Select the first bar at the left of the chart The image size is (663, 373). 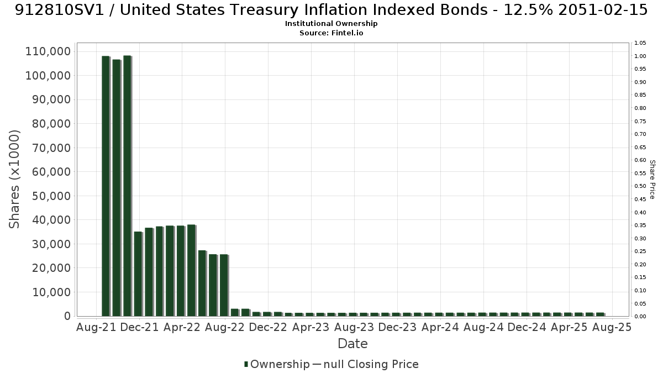pyautogui.click(x=106, y=186)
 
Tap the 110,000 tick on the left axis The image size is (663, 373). pyautogui.click(x=48, y=51)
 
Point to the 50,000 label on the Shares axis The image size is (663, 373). pyautogui.click(x=51, y=196)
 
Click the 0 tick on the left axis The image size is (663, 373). pyautogui.click(x=68, y=316)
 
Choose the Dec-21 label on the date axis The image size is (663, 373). pyautogui.click(x=139, y=327)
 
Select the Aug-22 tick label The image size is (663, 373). pyautogui.click(x=225, y=327)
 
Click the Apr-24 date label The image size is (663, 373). pyautogui.click(x=440, y=327)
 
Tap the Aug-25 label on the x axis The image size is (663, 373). pyautogui.click(x=612, y=327)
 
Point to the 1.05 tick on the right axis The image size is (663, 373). pyautogui.click(x=640, y=43)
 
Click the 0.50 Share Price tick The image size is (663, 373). pyautogui.click(x=640, y=186)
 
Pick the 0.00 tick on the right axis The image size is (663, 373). pyautogui.click(x=640, y=317)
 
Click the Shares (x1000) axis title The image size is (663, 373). pyautogui.click(x=14, y=180)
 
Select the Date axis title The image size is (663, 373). pyautogui.click(x=353, y=344)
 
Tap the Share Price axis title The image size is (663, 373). pyautogui.click(x=653, y=180)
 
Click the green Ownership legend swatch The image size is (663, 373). pyautogui.click(x=246, y=364)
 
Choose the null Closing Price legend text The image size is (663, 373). pyautogui.click(x=371, y=364)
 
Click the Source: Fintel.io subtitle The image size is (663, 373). pyautogui.click(x=331, y=33)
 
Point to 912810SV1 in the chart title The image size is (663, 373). pyautogui.click(x=60, y=10)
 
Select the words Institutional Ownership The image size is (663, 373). pyautogui.click(x=331, y=24)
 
